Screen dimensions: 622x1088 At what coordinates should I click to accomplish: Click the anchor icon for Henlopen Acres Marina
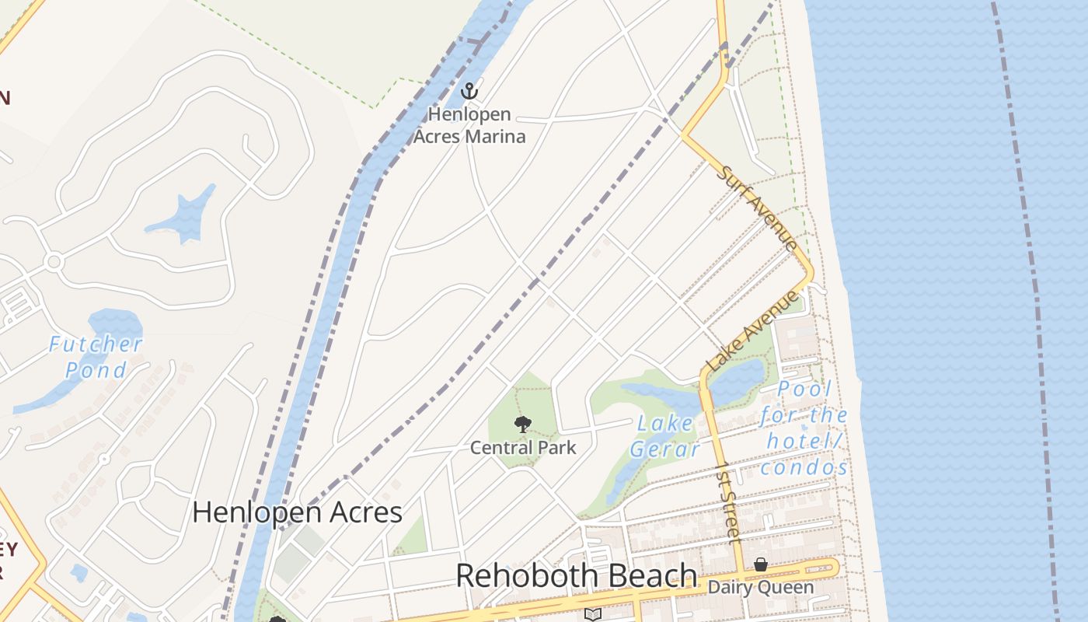[x=469, y=91]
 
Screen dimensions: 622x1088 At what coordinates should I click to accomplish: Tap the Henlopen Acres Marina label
[x=469, y=125]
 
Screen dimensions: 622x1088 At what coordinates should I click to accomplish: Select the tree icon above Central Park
[x=523, y=425]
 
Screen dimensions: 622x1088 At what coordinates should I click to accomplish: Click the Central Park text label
[x=523, y=448]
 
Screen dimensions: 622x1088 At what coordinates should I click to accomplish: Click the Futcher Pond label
[x=96, y=356]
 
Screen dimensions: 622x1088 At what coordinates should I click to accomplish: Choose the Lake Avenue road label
[x=752, y=330]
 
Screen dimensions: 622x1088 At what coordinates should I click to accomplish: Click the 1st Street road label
[x=727, y=501]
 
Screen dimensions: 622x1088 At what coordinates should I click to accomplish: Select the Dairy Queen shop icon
[x=761, y=564]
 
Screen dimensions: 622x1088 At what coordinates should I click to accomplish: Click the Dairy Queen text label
[x=760, y=587]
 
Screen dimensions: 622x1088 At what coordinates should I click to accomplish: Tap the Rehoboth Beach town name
[x=576, y=576]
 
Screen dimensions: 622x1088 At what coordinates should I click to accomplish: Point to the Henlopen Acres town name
[x=297, y=512]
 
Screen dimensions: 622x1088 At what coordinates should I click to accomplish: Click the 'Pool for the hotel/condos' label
[x=804, y=428]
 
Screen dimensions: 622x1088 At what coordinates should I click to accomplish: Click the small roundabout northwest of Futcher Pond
[x=54, y=261]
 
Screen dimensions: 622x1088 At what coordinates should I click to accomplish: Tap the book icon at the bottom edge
[x=593, y=614]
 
